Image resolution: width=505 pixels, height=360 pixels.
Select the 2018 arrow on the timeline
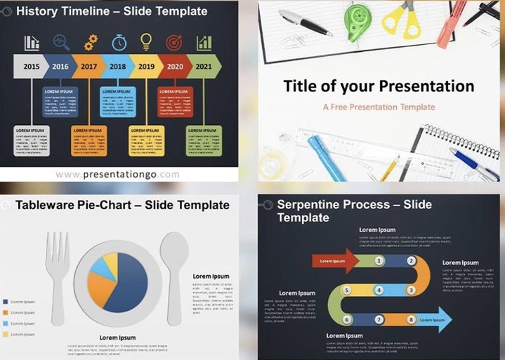[x=117, y=67]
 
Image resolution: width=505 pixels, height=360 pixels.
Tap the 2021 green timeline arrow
[x=204, y=67]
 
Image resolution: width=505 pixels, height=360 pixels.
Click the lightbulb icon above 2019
[x=146, y=42]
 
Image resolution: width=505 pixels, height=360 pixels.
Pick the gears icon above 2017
[x=91, y=43]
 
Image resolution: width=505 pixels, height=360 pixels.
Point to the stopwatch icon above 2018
[x=119, y=43]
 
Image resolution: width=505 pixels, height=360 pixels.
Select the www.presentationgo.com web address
[x=117, y=174]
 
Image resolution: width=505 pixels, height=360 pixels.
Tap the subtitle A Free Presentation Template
[x=379, y=107]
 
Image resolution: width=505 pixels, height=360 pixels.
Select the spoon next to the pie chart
[x=173, y=270]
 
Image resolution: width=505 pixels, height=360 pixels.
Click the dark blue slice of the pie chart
[x=129, y=284]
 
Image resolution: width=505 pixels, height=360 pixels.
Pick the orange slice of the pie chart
[x=100, y=288]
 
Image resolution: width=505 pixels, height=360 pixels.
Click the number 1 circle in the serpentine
[x=379, y=261]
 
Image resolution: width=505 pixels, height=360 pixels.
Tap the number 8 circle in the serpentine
[x=411, y=319]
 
